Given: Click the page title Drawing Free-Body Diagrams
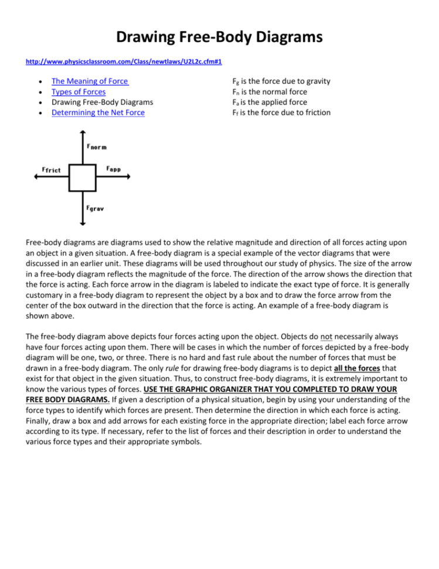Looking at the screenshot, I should [x=219, y=37].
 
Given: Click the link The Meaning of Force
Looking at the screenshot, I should [x=90, y=81].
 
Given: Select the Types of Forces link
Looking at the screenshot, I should [x=79, y=92].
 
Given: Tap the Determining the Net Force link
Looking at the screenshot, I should [x=98, y=113].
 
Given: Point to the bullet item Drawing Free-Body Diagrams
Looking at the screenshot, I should [x=97, y=102].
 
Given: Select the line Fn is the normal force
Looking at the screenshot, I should [x=270, y=92].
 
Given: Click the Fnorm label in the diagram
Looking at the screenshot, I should [x=97, y=146].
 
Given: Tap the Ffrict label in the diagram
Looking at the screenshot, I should [x=51, y=170].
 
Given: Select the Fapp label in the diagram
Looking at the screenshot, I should [x=114, y=169].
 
